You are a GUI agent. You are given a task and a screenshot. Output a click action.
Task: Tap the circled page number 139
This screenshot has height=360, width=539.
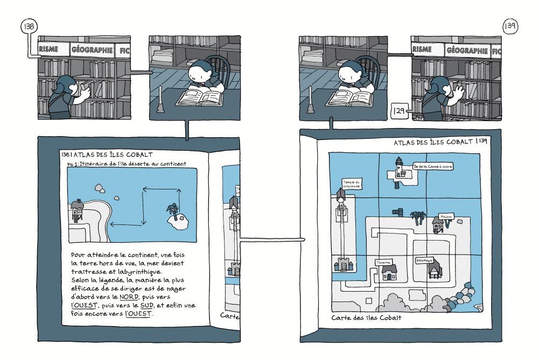coord(509,26)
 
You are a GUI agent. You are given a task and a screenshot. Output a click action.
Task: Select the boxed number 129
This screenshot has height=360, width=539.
coord(398,111)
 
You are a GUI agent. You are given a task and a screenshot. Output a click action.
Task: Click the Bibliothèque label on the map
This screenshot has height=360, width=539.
coord(425,259)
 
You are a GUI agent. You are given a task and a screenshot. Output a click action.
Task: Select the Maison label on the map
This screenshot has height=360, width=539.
coord(446,216)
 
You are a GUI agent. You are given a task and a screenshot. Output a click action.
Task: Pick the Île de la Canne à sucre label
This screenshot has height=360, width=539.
coord(433,167)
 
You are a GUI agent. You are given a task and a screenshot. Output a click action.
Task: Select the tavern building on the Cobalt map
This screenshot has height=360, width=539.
coord(389,273)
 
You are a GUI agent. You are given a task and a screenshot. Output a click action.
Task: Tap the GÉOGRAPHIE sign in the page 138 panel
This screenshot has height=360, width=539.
coord(92,51)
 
